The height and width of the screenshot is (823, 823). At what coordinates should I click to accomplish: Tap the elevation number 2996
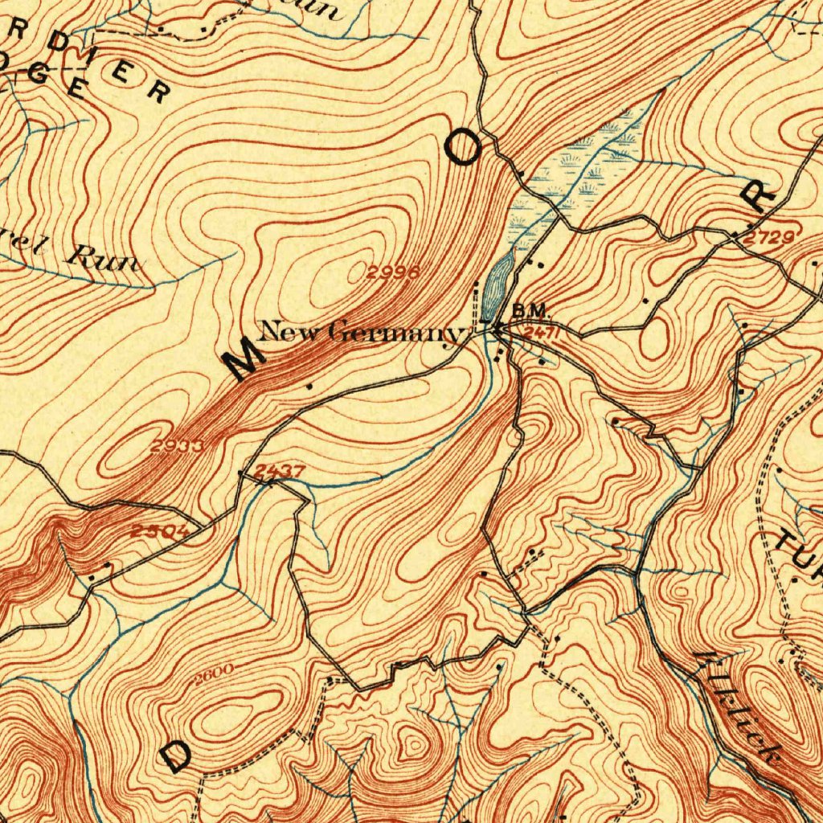[x=393, y=272]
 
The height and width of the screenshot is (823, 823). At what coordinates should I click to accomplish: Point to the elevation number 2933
[x=176, y=445]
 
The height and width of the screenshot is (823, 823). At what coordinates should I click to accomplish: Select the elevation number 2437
[x=279, y=471]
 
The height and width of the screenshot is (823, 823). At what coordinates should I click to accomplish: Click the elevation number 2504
[x=159, y=531]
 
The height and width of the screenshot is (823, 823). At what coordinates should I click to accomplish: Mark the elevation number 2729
[x=769, y=237]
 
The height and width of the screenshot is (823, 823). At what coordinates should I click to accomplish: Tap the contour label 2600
[x=214, y=670]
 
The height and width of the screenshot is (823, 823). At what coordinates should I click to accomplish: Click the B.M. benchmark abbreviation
[x=530, y=310]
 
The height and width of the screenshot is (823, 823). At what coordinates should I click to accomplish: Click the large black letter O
[x=465, y=149]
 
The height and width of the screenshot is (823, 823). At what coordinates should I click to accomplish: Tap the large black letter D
[x=175, y=755]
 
